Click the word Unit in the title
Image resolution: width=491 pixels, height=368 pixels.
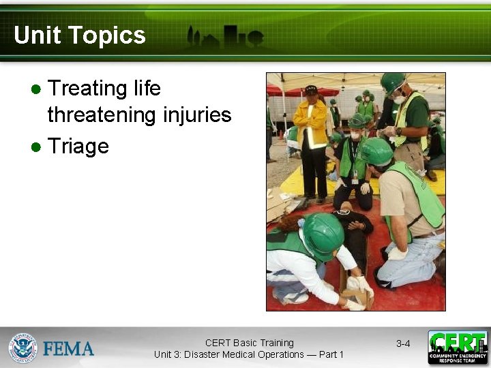(x=35, y=35)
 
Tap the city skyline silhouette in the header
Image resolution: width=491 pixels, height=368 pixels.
(x=224, y=37)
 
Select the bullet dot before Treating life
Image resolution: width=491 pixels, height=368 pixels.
(x=37, y=89)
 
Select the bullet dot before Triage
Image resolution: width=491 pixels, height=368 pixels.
(x=37, y=147)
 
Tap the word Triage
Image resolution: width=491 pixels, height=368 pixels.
(x=78, y=147)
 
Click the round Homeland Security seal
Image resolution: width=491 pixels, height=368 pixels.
(x=23, y=348)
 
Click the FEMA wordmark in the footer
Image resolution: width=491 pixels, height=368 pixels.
(x=68, y=349)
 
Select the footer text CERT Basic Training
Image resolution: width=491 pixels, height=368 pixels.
(x=249, y=343)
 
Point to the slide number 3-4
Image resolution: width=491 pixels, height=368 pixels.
(x=403, y=343)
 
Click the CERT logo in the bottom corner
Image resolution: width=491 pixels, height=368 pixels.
(x=458, y=347)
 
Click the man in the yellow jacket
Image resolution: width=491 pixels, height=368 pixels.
(x=312, y=136)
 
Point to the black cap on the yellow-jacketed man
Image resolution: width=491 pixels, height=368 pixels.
(x=312, y=89)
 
